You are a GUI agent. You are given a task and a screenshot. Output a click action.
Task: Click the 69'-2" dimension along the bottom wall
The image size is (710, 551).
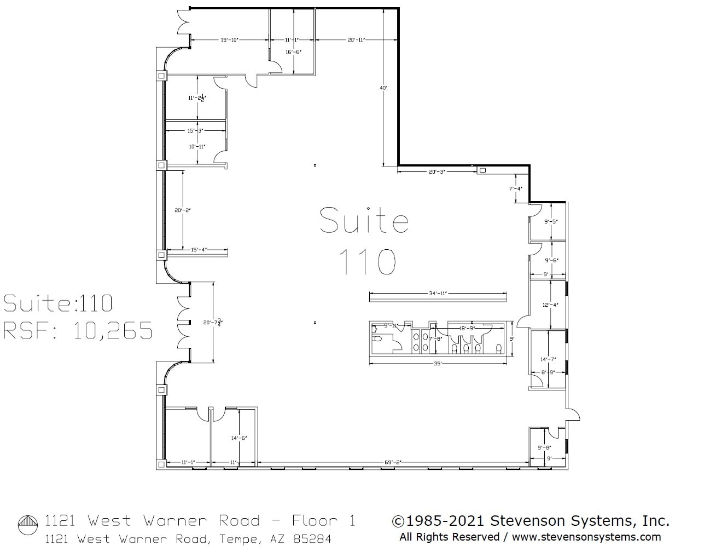(x=393, y=462)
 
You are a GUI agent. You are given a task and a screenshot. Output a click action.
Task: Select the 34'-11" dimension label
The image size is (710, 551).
(x=438, y=294)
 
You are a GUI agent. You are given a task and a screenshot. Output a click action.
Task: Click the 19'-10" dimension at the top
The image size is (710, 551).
(x=229, y=39)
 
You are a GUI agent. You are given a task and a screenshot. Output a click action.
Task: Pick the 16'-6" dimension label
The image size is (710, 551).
(x=293, y=52)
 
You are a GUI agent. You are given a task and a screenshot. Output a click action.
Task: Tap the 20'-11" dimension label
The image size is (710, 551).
(x=356, y=39)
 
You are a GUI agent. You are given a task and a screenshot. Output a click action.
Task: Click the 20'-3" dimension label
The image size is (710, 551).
(x=437, y=171)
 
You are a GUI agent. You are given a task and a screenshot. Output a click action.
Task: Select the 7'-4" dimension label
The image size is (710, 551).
(x=516, y=188)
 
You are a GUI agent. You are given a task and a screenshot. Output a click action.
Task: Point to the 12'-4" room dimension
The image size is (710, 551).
(x=550, y=305)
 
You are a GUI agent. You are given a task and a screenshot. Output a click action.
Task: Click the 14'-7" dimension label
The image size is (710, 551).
(x=548, y=359)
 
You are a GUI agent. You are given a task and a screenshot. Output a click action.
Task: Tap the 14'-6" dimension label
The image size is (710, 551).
(x=239, y=438)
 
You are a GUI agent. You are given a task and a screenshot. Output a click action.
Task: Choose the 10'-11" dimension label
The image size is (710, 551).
(x=197, y=146)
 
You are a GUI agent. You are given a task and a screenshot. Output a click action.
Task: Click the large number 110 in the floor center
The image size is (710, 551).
(x=367, y=262)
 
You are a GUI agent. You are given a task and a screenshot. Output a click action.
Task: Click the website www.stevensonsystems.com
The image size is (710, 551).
(x=586, y=537)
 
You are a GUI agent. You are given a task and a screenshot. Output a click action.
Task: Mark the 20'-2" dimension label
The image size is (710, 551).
(x=182, y=210)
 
